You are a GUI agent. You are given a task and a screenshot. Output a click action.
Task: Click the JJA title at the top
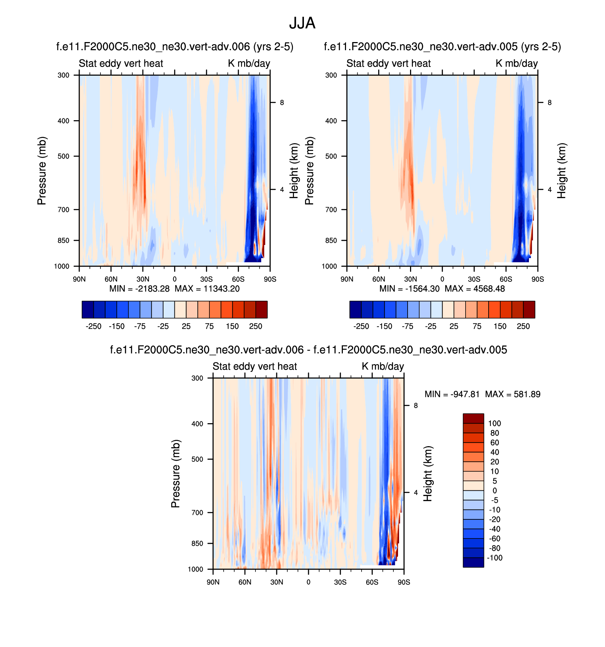[x=302, y=23]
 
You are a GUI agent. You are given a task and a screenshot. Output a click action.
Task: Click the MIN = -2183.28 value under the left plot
[x=139, y=289]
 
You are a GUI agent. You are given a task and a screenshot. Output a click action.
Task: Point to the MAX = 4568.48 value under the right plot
[x=475, y=289]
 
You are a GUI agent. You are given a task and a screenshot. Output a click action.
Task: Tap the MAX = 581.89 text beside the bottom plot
[x=513, y=394]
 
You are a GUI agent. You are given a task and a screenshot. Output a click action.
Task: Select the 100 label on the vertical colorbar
[x=495, y=424]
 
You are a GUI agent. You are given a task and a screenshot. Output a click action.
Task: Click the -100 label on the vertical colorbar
[x=495, y=558]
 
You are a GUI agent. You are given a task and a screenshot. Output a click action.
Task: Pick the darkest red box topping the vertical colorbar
[x=473, y=419]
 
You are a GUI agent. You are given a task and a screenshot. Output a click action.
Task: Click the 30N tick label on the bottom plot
[x=277, y=582]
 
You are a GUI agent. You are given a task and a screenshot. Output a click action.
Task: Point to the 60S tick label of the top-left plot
[x=238, y=279]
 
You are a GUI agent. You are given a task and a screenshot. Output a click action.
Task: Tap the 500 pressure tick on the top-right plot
[x=331, y=156]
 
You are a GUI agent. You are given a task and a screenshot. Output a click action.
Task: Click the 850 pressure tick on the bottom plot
[x=197, y=543]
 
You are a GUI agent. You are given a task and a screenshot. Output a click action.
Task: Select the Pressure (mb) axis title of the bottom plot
[x=176, y=474]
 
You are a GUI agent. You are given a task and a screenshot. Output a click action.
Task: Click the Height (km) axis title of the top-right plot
[x=561, y=170]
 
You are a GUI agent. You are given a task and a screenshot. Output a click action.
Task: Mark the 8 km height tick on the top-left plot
[x=282, y=103]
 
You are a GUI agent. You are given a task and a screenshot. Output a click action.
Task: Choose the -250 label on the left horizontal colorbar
[x=93, y=326]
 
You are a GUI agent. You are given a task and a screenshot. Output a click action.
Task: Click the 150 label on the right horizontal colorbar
[x=500, y=326]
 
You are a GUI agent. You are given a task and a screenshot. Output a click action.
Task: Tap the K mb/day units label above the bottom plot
[x=383, y=366]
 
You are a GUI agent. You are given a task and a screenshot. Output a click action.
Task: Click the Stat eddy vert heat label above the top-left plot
[x=121, y=63]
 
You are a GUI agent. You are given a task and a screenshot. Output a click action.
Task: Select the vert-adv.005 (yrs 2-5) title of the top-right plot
[x=442, y=47]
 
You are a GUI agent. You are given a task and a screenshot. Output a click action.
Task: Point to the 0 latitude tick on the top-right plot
[x=442, y=279]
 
